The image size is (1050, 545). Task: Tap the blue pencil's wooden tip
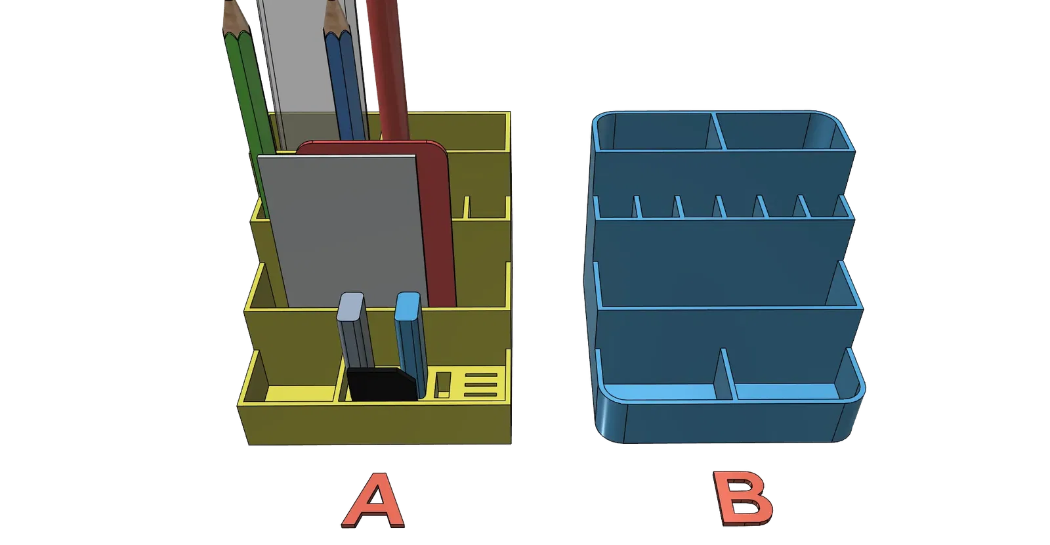pos(337,18)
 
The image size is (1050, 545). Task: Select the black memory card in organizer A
pos(382,384)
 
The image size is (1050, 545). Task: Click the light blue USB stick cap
pos(408,306)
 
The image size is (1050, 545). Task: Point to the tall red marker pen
pos(388,70)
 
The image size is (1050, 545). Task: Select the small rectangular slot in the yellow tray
pos(442,385)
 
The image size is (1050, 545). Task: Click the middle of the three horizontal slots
pos(480,385)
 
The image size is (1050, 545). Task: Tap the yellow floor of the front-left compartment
pos(300,393)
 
